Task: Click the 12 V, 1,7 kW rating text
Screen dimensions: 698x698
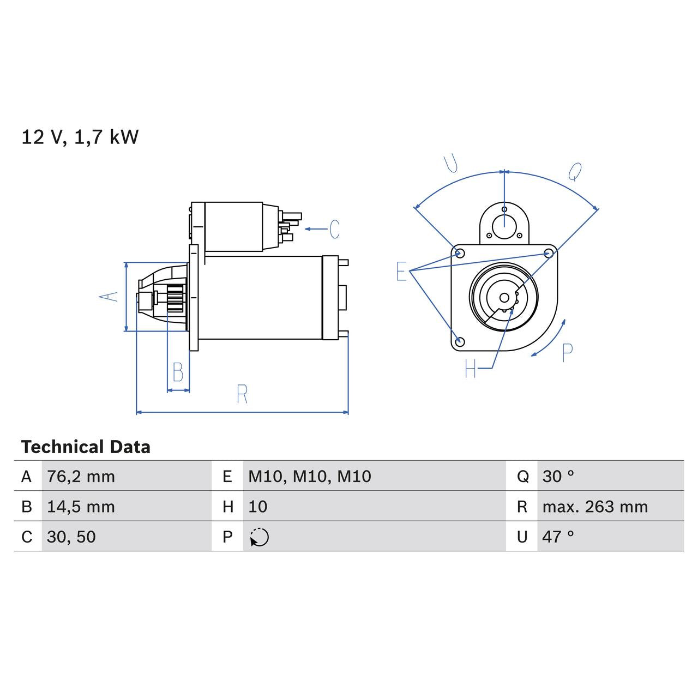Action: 80,137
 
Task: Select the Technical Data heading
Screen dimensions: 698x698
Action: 86,447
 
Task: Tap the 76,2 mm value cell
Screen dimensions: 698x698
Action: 81,477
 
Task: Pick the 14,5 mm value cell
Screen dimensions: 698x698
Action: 81,507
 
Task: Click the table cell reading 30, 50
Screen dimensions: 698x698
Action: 71,537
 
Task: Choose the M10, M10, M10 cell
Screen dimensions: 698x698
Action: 309,477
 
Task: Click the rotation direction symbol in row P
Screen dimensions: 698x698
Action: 260,537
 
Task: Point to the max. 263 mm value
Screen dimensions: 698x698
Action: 594,507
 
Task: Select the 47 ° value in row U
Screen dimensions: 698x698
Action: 558,537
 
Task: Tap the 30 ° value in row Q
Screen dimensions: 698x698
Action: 558,477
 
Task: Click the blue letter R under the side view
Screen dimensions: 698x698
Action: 242,394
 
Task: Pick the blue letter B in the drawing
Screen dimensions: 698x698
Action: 178,372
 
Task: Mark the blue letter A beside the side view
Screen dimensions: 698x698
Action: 109,297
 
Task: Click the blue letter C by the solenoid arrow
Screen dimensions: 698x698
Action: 334,229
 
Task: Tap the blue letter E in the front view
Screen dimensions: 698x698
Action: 401,271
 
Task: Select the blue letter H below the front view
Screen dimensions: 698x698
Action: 471,369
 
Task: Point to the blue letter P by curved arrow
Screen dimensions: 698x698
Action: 567,353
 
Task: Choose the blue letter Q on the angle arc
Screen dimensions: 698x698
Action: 575,172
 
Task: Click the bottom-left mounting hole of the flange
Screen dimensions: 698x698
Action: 460,341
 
